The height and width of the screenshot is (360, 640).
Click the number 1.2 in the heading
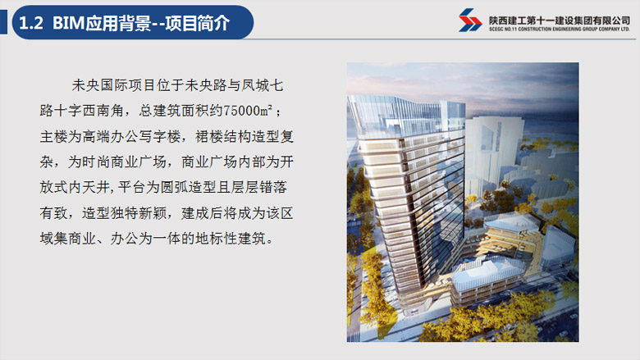coord(31,23)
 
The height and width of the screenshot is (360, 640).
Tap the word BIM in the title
coord(68,23)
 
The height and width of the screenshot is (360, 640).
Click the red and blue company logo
coord(470,20)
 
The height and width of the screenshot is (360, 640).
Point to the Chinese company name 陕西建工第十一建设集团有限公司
coord(560,21)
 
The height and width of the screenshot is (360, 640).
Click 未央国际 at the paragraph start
coord(100,85)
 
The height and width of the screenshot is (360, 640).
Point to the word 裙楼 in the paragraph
coord(209,136)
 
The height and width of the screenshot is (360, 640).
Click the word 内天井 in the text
coord(89,187)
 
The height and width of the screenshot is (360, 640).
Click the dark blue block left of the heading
coord(3,22)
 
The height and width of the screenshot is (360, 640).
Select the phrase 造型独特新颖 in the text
coord(124,213)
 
